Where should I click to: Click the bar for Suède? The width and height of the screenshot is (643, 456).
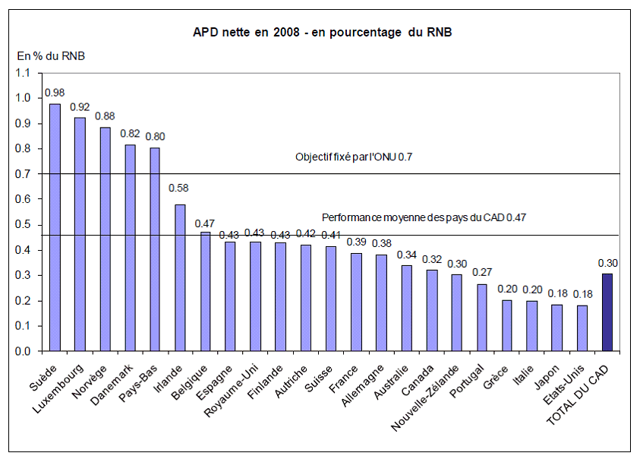pos(55,227)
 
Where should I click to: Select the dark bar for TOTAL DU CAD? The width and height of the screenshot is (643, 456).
pos(607,312)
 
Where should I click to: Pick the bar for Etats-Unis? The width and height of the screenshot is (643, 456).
pos(582,328)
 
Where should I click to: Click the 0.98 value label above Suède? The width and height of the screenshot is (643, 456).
pos(55,92)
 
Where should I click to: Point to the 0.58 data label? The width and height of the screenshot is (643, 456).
pos(180,188)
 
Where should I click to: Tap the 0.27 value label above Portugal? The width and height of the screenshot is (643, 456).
pos(481,272)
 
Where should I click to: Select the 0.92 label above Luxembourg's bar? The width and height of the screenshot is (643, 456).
pos(80,107)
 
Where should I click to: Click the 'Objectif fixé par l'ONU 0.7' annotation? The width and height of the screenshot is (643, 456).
pos(358,157)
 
